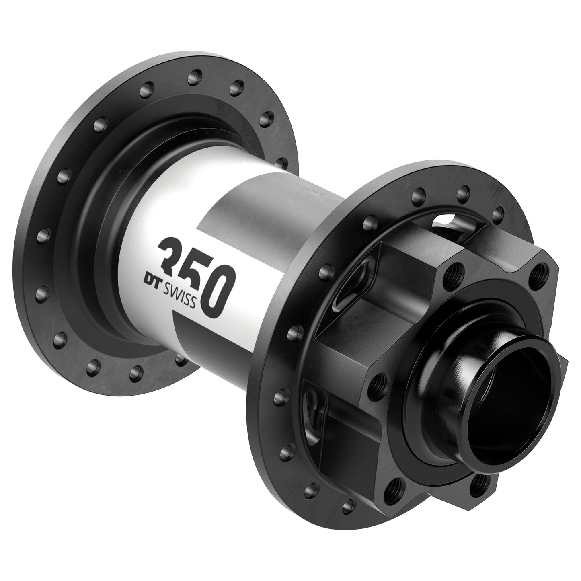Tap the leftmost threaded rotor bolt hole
point(378,379)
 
